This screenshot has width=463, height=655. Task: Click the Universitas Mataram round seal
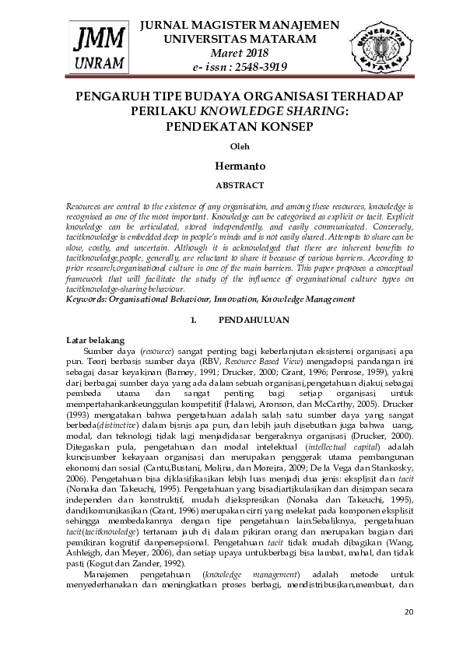[381, 44]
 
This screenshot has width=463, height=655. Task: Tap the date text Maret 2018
[240, 53]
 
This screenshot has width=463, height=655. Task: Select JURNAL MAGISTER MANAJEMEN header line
[240, 25]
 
